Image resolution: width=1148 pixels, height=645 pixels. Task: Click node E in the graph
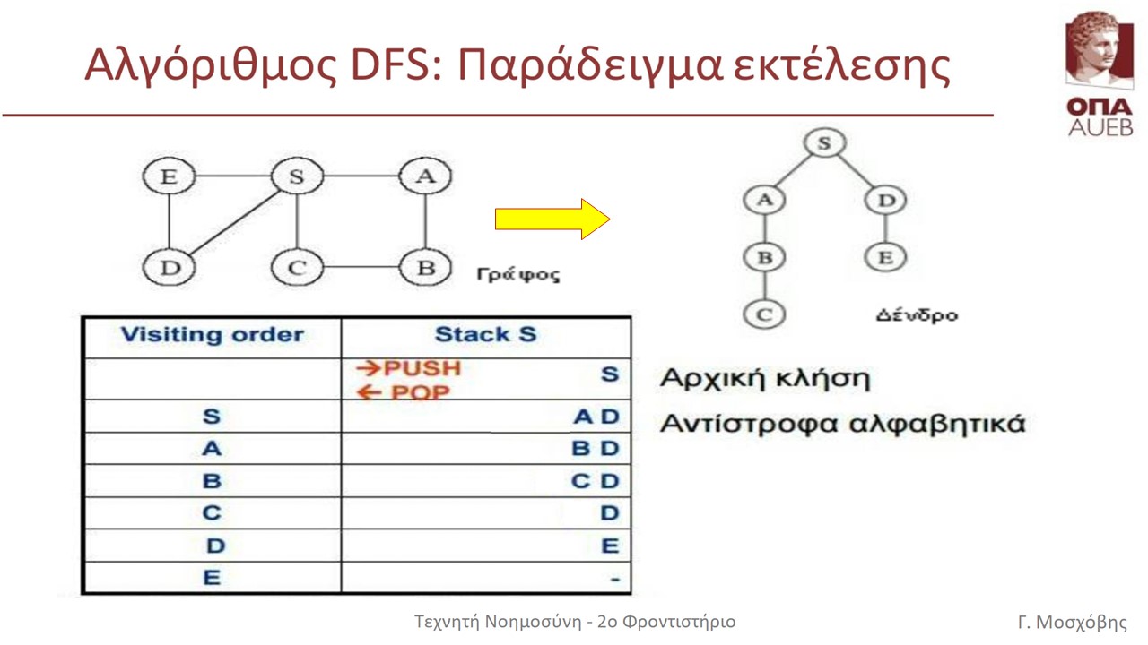coord(169,176)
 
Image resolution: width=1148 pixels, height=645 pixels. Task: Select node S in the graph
coord(297,176)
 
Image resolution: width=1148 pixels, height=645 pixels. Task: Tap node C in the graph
coord(297,267)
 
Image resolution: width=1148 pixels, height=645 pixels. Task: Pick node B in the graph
coord(425,267)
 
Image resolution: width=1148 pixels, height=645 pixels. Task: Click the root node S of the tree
coord(824,142)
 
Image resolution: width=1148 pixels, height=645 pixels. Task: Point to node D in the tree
coord(886,200)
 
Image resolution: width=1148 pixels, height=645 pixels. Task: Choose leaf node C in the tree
coord(764,314)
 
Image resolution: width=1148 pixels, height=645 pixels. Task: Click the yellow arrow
coord(552,219)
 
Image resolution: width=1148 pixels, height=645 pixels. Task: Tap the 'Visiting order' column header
coord(213,335)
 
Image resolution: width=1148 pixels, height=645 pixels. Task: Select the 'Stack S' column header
coord(485,334)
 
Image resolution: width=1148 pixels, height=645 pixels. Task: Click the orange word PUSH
coord(422,368)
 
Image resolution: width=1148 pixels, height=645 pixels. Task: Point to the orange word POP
coord(421,392)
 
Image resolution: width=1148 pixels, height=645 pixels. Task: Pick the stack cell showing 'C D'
coord(595,481)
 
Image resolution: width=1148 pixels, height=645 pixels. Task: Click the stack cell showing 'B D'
coord(596,449)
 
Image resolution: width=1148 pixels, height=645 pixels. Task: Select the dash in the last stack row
coord(615,580)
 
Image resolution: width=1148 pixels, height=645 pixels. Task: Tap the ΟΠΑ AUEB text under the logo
coord(1100,117)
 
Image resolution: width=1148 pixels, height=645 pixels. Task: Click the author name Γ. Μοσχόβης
coord(1072,622)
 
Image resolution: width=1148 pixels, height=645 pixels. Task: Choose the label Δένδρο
coord(917,314)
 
